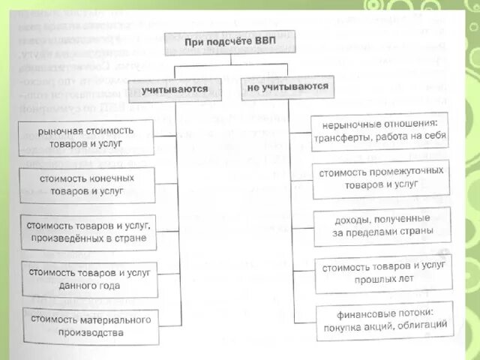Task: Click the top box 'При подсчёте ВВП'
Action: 229,42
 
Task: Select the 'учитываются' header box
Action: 175,90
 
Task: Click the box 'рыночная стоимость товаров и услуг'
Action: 86,136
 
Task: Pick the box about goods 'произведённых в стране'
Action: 89,232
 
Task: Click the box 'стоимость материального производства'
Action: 91,325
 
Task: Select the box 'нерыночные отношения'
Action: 382,131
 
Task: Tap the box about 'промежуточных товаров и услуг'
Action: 382,178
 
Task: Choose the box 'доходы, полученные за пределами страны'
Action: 382,225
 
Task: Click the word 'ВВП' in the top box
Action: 264,42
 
